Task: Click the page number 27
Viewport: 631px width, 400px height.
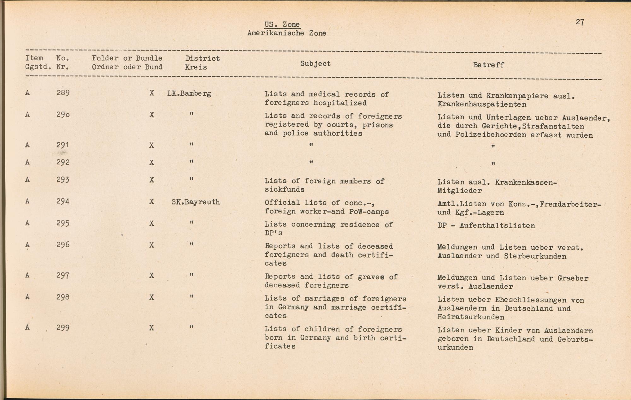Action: tap(580, 22)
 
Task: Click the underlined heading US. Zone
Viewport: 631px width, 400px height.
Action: tap(282, 25)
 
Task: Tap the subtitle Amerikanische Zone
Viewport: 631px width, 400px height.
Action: tap(286, 33)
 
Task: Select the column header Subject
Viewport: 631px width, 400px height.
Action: tap(315, 63)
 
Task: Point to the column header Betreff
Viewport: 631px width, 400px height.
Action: tap(488, 65)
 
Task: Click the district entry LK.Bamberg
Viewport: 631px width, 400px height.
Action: tap(189, 93)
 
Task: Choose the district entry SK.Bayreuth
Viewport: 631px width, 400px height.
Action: tap(196, 202)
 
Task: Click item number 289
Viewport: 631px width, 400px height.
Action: tap(63, 93)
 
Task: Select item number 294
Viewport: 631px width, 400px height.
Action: tap(63, 201)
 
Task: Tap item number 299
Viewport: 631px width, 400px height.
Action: tap(63, 328)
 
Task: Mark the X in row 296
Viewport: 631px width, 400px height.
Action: tap(152, 245)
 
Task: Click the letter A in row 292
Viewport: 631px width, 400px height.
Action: tap(27, 162)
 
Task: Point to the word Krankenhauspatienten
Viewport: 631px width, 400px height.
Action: tap(482, 104)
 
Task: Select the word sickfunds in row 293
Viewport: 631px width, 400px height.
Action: tap(284, 190)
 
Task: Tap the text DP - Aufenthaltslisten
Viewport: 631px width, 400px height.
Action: tap(486, 226)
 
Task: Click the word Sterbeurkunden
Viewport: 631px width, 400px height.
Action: tap(535, 256)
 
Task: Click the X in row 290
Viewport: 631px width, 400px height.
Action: tap(152, 115)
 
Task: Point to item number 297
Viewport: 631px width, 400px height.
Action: tap(63, 276)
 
